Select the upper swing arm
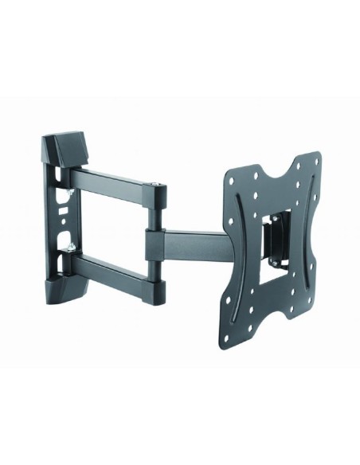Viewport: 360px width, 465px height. click(119, 177)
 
